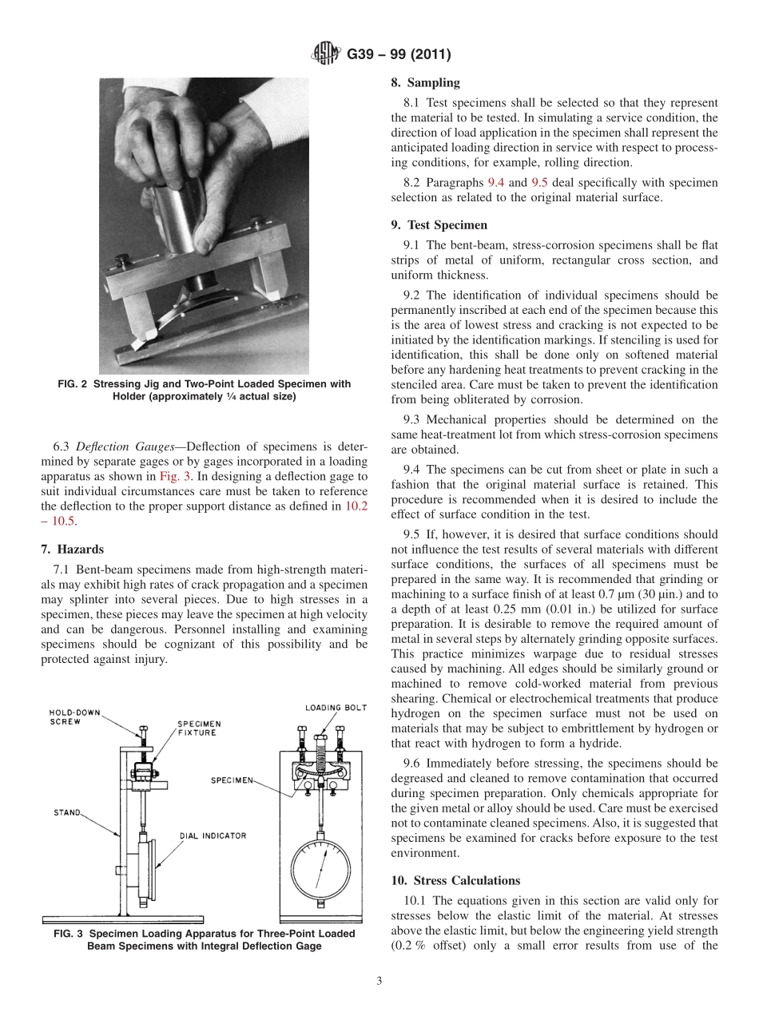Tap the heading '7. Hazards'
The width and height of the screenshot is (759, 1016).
pos(72,550)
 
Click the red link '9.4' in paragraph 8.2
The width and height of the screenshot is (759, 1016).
pos(496,182)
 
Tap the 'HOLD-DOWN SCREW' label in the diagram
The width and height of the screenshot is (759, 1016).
pos(74,716)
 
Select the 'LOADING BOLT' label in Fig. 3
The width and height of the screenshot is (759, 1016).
pos(336,708)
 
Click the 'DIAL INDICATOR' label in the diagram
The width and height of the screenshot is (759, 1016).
pos(213,835)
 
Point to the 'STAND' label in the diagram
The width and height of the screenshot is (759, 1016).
pos(66,812)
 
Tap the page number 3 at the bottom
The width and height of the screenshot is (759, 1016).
pos(379,981)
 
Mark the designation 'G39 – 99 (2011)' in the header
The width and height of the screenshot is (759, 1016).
pos(399,54)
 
